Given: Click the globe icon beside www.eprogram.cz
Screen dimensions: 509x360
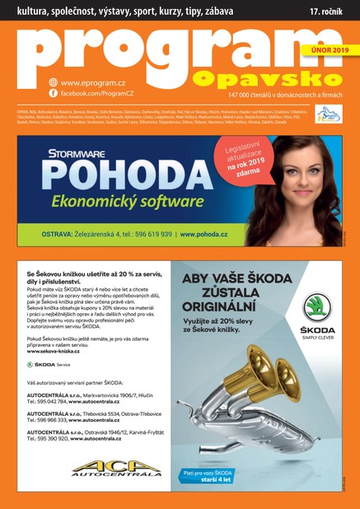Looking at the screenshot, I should [x=54, y=82].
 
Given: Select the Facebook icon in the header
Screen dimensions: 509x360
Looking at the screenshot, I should [x=54, y=94].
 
